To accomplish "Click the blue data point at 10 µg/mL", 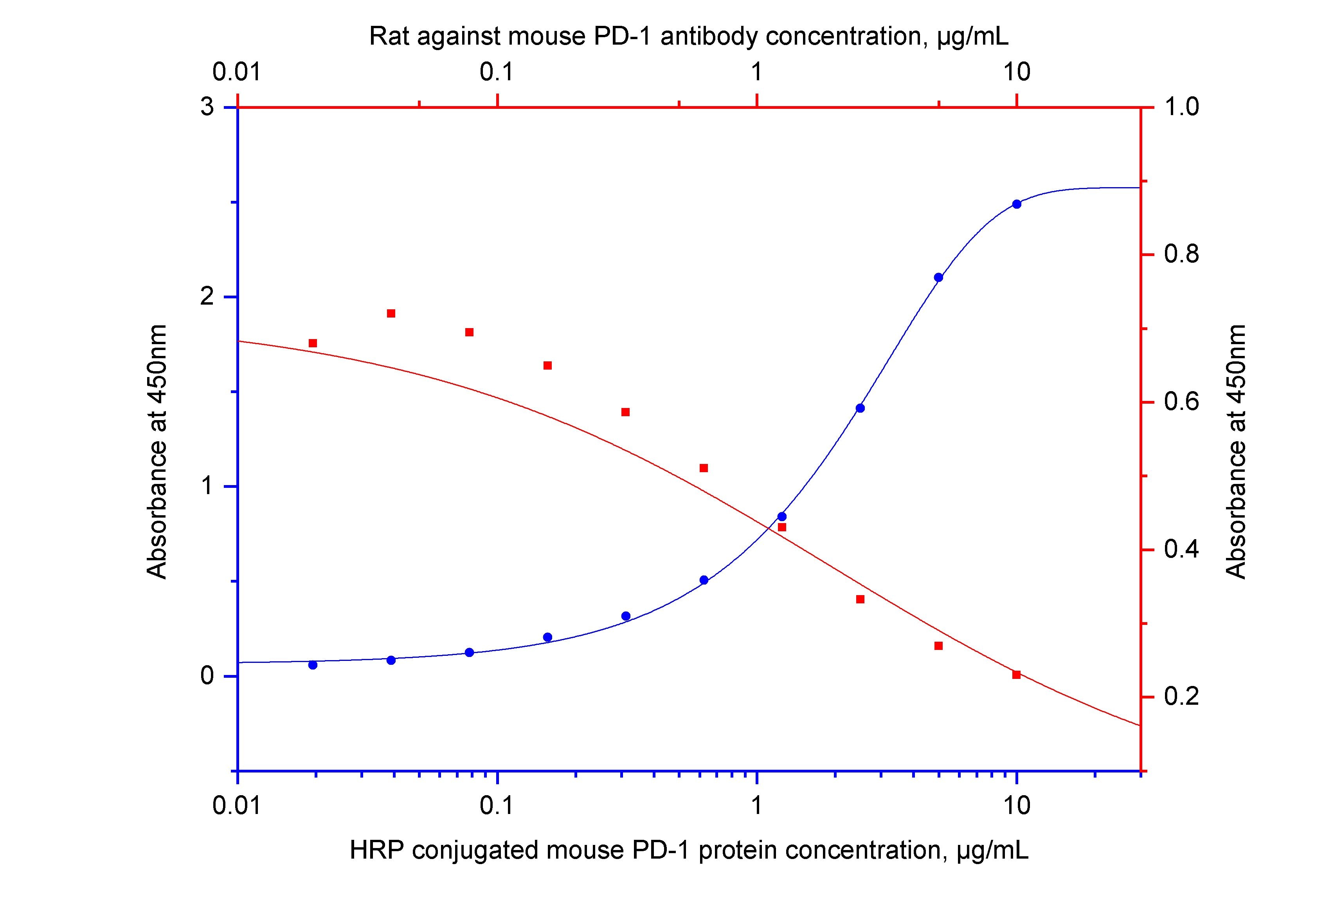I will (x=1016, y=204).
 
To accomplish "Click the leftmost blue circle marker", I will (x=313, y=665).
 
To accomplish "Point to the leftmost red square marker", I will (x=313, y=343).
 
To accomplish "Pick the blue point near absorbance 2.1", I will (x=938, y=277).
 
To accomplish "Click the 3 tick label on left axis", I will (x=207, y=107).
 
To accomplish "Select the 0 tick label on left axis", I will (x=207, y=676).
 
